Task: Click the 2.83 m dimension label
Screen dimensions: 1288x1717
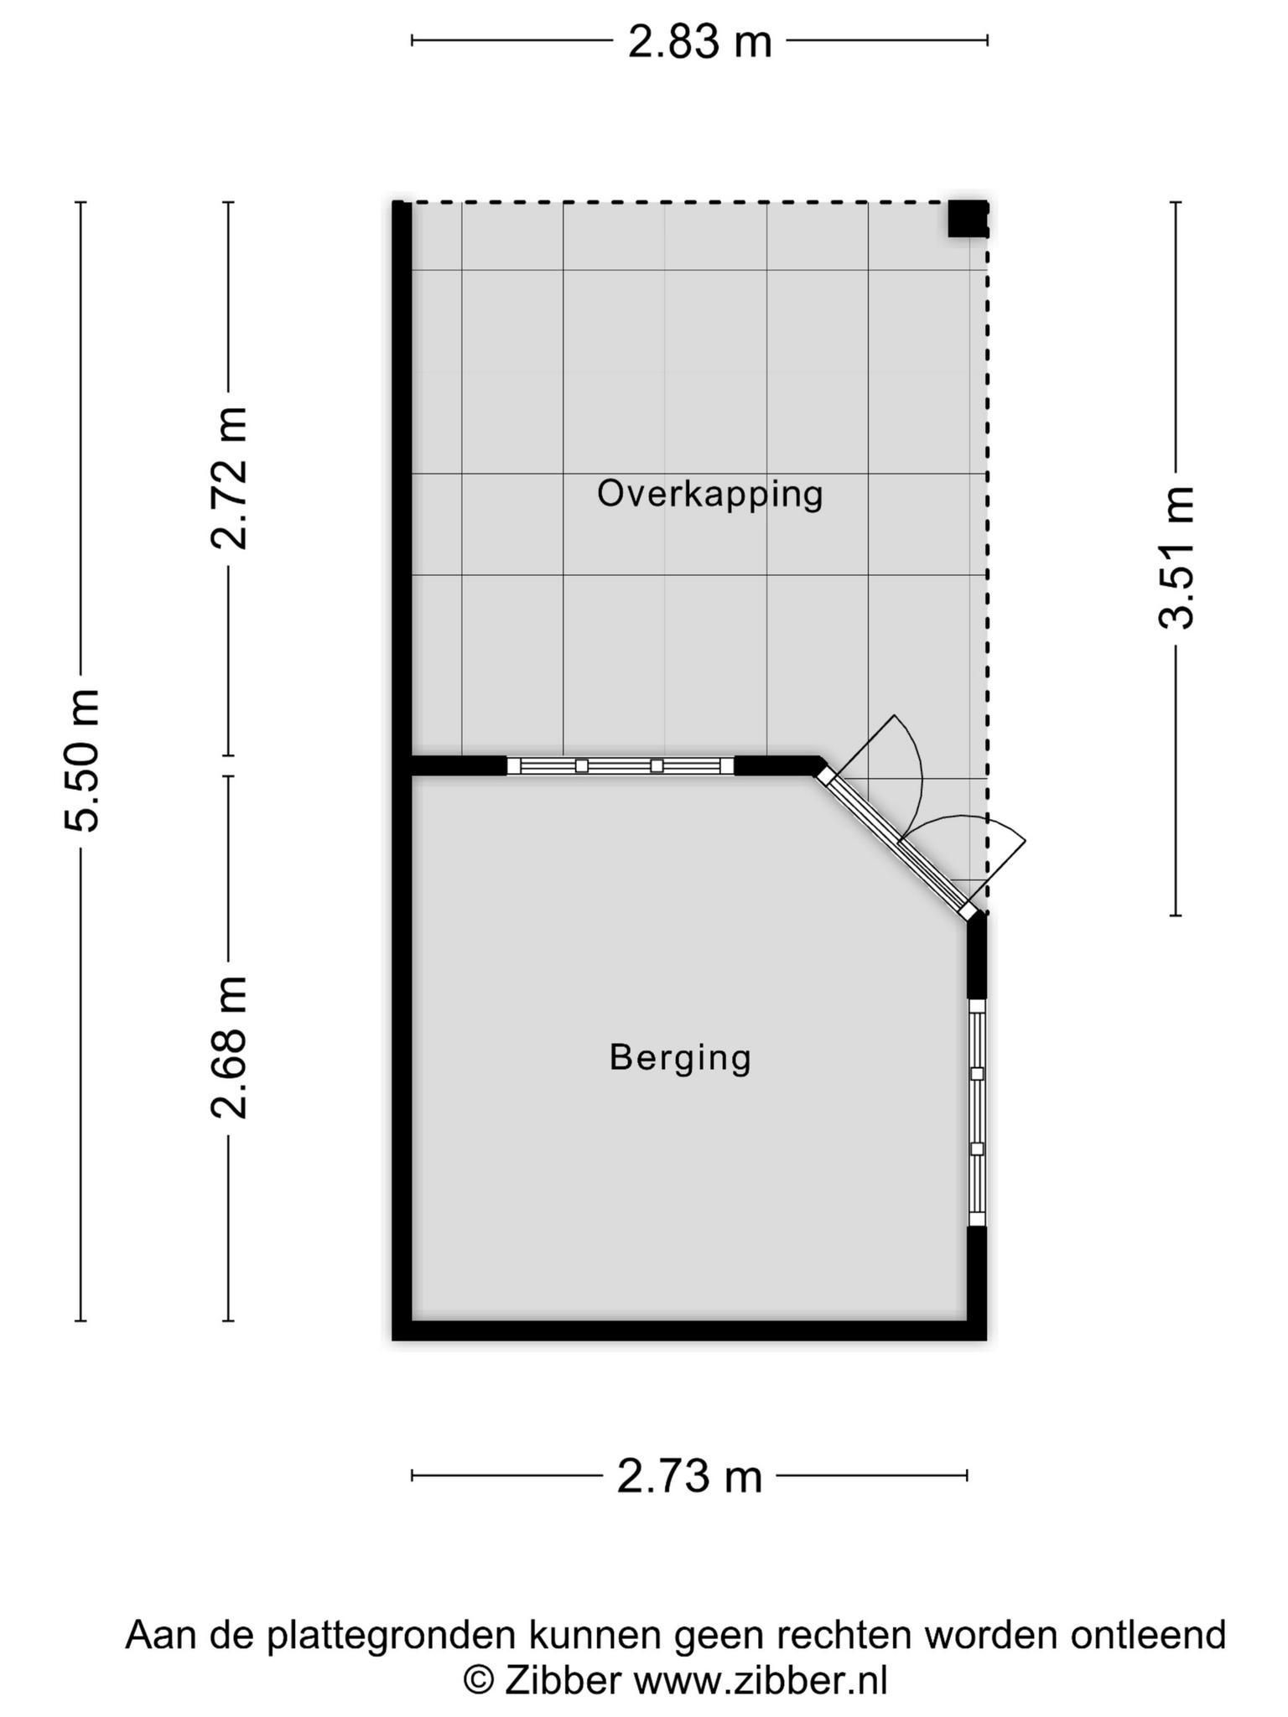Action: pos(699,41)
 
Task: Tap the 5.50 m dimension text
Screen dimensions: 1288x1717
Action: pos(83,760)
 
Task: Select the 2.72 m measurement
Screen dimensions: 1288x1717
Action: pos(229,478)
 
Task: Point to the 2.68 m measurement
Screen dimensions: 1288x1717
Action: pos(229,1047)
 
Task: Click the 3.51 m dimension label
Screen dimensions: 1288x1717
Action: pos(1176,558)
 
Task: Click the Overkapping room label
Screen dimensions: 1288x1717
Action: pos(709,495)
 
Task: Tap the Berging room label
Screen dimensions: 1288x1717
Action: pos(680,1058)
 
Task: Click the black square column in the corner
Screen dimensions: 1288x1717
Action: pos(967,219)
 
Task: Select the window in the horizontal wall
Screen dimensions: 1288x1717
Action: pos(620,765)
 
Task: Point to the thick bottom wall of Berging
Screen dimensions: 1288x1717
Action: pos(689,1330)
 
